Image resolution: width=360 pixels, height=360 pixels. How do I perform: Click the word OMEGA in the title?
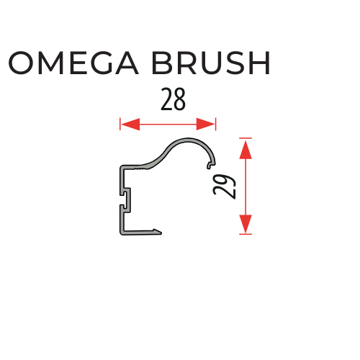[73, 63]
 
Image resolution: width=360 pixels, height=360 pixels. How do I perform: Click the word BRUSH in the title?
[211, 63]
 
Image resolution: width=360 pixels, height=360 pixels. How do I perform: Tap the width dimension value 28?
[173, 99]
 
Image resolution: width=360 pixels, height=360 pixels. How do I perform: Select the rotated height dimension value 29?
[225, 186]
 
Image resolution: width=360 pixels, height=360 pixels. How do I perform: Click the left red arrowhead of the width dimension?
[130, 125]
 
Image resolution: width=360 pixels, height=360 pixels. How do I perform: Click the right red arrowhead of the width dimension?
[205, 125]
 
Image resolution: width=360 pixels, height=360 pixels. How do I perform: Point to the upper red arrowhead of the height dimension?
[246, 150]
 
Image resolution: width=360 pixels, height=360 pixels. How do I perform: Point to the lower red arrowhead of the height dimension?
[246, 224]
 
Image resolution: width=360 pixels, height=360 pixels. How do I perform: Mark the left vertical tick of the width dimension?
[120, 124]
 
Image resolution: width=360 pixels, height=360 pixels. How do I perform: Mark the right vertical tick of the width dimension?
[216, 124]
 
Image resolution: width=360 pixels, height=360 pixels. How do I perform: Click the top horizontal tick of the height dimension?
[246, 138]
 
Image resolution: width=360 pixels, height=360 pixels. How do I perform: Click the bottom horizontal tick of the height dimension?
[246, 234]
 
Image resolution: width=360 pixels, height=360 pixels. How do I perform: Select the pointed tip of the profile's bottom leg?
[161, 233]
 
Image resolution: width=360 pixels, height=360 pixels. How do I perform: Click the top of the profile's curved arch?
[189, 139]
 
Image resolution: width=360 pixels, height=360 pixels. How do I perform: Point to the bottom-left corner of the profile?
[120, 234]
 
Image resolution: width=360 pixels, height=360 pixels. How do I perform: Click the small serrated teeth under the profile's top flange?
[140, 169]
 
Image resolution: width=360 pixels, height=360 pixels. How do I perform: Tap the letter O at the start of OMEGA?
[20, 63]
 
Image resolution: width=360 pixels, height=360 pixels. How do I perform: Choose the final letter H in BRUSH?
[260, 63]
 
